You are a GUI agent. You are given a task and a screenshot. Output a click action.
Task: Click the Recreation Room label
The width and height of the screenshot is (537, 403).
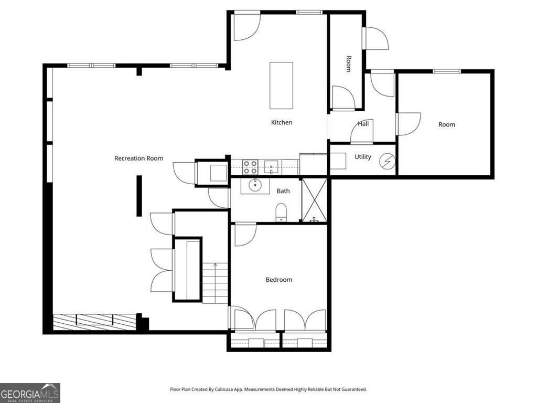click(138, 158)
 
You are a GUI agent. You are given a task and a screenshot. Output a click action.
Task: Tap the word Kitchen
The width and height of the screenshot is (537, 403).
click(282, 122)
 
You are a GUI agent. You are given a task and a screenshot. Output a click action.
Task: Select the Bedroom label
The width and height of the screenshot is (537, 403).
click(278, 280)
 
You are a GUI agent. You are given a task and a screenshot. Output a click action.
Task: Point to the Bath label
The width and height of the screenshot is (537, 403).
click(283, 191)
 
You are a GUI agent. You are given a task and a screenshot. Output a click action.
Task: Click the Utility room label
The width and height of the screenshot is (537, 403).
click(363, 157)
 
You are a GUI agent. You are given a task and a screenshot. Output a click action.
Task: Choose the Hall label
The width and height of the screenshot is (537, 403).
click(363, 124)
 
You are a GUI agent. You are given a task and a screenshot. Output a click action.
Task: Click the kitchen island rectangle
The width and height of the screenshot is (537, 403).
click(281, 85)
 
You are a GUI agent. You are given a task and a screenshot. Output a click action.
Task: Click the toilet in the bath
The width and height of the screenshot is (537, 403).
click(282, 213)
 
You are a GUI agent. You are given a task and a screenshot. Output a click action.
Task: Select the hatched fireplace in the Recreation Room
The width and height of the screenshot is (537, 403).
click(94, 321)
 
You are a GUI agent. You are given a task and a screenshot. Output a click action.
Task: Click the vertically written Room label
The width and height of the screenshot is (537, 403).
click(348, 63)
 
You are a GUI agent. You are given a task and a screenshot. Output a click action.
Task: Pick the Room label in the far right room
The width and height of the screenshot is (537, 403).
click(447, 124)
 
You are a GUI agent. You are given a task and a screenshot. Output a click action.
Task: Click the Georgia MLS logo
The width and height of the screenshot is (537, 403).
click(30, 393)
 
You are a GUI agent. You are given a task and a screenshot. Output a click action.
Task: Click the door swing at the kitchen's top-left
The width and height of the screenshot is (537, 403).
click(245, 26)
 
